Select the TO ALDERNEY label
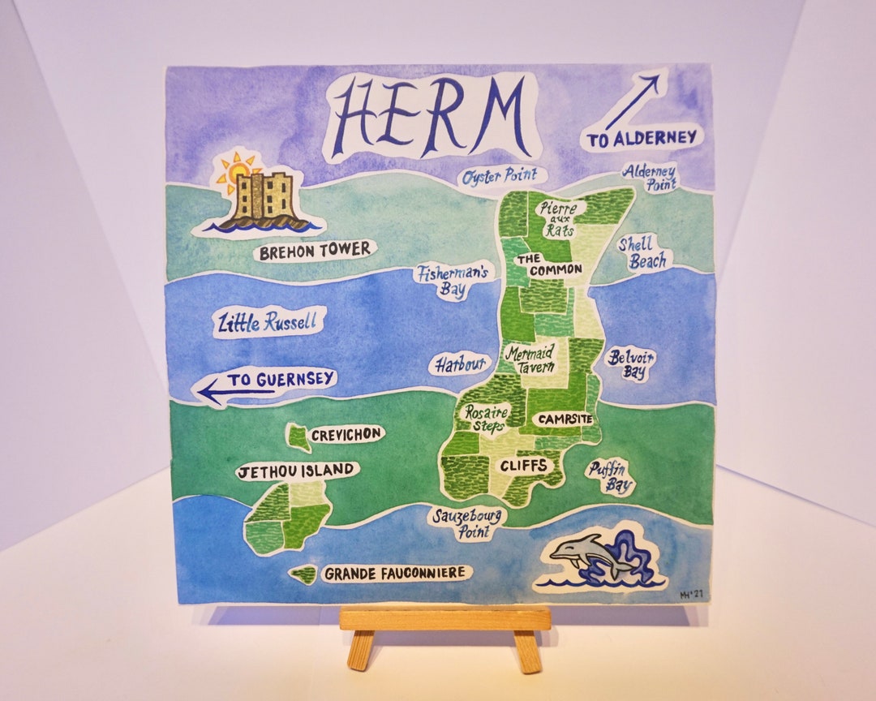[642, 139]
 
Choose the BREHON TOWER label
[315, 251]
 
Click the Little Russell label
[266, 323]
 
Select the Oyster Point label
[500, 177]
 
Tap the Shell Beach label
[644, 252]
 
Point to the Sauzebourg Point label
[468, 523]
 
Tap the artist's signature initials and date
[692, 595]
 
